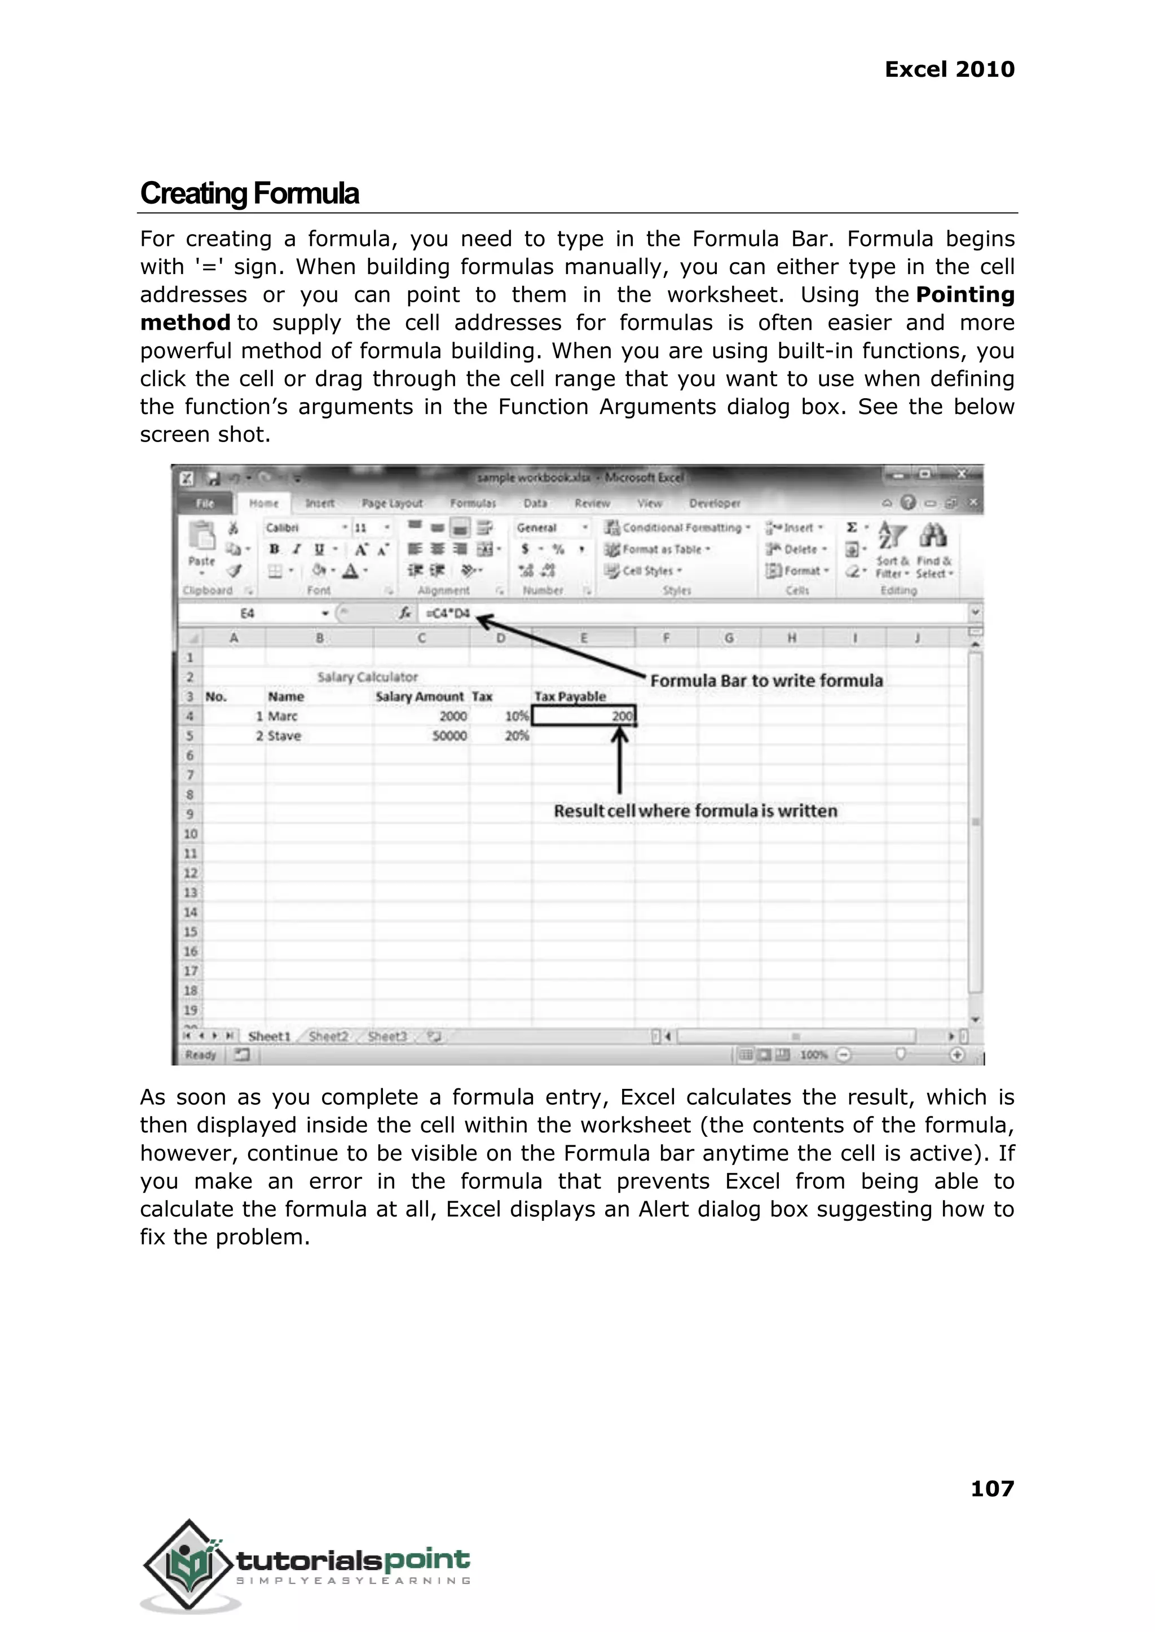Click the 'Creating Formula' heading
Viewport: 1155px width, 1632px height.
coord(249,193)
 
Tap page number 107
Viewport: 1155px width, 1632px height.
coord(991,1488)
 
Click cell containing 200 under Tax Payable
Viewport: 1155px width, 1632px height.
coord(584,716)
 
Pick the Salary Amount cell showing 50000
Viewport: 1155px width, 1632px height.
coord(449,736)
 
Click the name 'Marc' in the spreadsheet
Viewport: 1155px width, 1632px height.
coord(283,716)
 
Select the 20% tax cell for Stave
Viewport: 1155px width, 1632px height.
coord(517,736)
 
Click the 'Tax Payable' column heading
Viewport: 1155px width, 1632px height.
coord(570,697)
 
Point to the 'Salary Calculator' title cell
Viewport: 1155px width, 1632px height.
coord(367,677)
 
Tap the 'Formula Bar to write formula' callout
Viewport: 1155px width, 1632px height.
coord(766,681)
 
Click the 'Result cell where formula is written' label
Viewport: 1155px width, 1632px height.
coord(695,811)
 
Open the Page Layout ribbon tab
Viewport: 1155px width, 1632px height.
coord(392,504)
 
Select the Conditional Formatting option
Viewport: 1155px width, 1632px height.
coord(681,528)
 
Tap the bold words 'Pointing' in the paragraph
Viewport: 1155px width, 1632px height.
coord(964,294)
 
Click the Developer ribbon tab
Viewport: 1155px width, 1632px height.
coord(714,504)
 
